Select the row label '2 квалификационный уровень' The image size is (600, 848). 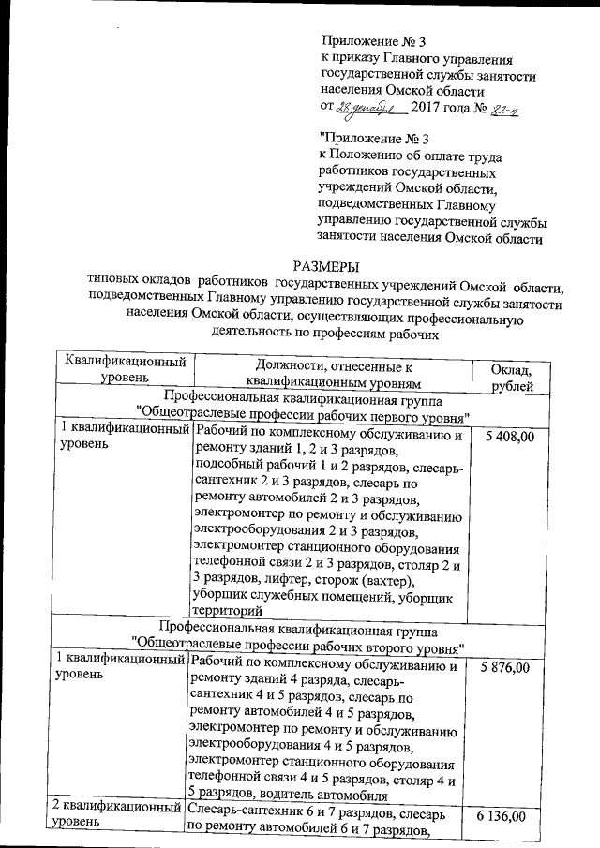tap(118, 813)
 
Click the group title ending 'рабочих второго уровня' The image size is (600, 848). tap(299, 647)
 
